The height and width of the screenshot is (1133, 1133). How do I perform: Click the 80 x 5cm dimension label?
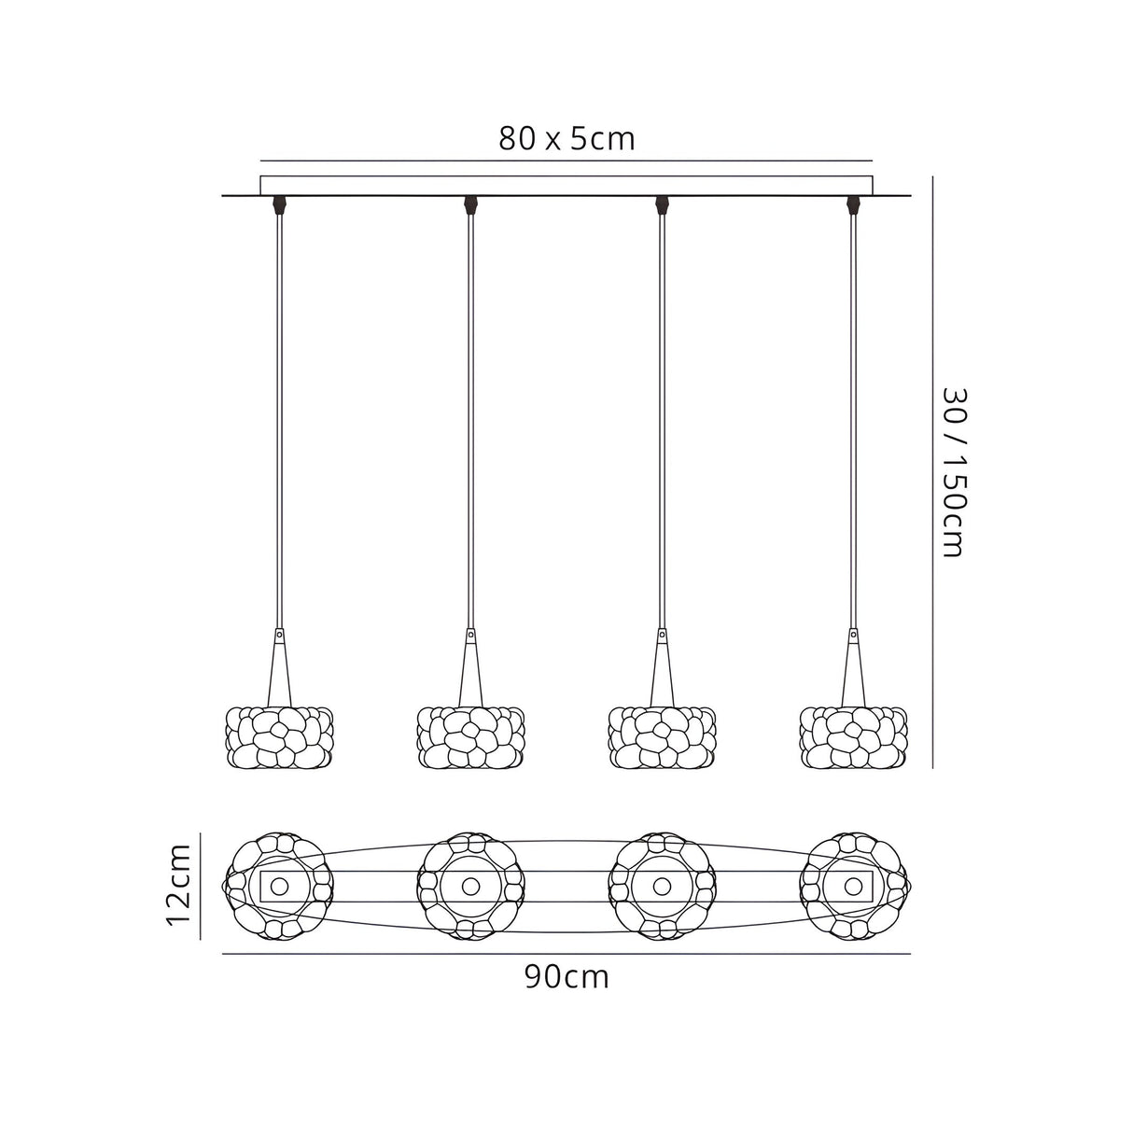566,139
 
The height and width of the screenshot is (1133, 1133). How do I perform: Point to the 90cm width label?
566,977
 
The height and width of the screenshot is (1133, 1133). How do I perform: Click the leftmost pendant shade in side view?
279,736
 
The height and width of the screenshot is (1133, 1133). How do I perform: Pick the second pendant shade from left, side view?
470,736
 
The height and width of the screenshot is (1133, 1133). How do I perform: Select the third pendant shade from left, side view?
662,736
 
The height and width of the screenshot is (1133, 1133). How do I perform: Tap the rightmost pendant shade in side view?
853,736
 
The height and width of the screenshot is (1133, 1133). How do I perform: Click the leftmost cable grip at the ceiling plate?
279,204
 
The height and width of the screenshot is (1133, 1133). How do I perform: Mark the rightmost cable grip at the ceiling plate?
852,204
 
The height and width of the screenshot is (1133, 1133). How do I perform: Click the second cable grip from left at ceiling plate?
470,204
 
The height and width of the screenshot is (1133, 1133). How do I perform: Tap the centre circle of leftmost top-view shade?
279,885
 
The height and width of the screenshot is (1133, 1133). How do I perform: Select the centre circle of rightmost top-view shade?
853,885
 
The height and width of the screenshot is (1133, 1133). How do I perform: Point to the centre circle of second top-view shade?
470,885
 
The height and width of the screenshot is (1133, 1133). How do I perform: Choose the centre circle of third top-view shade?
662,885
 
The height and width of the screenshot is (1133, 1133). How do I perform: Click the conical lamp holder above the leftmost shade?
278,667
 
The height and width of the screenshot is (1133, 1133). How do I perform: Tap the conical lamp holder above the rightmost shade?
852,667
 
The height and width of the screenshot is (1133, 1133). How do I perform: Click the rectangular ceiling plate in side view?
566,185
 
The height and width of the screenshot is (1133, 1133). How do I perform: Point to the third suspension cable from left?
662,420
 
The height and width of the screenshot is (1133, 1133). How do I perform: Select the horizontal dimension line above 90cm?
566,954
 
